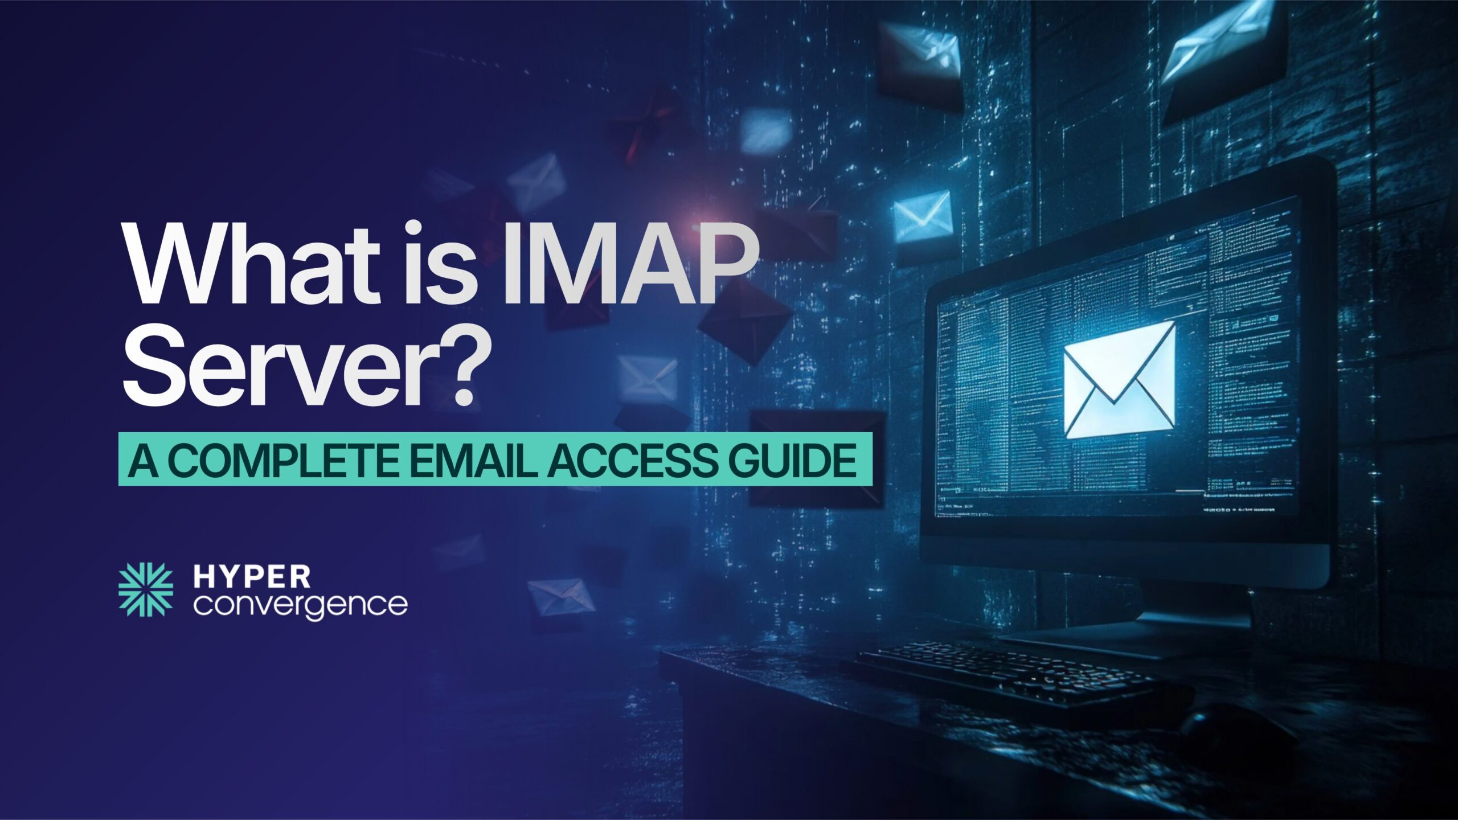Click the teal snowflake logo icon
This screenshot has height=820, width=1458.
[145, 590]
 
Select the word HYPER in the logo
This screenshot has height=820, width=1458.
[252, 577]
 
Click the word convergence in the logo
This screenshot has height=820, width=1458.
[300, 605]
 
